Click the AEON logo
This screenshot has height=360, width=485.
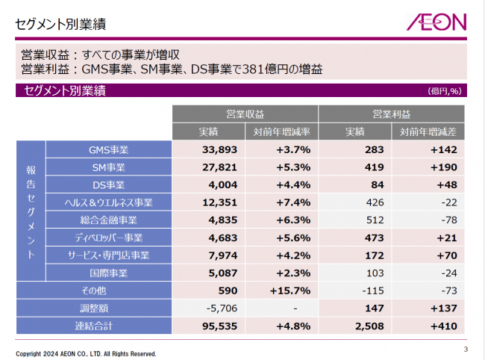pos(436,22)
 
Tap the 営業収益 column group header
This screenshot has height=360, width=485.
pos(245,114)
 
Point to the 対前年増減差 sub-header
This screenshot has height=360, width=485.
pos(428,131)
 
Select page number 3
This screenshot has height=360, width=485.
pos(466,349)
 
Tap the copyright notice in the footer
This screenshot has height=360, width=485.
pos(87,353)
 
